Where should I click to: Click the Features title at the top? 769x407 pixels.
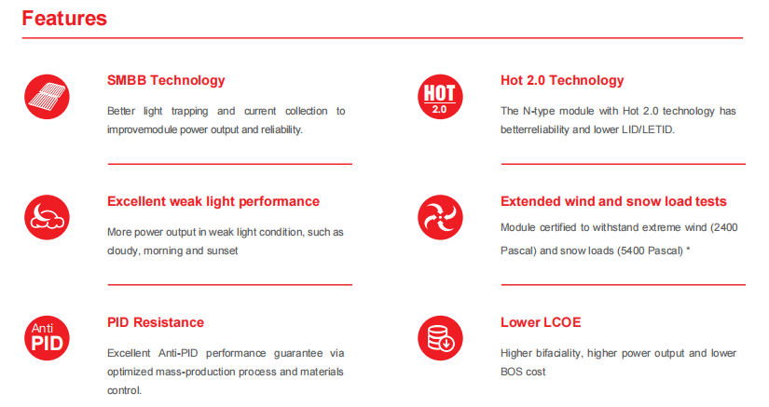pos(64,18)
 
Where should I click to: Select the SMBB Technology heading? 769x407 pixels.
pos(166,80)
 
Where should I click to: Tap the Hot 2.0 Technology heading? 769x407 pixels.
pos(562,80)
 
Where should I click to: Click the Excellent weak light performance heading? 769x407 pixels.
pos(213,201)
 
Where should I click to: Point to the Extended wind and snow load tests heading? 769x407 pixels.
pos(613,201)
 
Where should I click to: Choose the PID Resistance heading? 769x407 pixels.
pos(156,322)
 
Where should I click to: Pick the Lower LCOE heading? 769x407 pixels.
pos(541,322)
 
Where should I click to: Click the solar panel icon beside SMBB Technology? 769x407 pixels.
pos(48,97)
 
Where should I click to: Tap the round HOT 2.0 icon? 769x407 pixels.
pos(440,97)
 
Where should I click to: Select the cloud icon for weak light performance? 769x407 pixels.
pos(48,217)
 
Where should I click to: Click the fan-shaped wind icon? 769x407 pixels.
pos(440,217)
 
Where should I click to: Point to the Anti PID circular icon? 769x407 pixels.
pos(48,338)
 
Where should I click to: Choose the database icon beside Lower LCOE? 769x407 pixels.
pos(440,338)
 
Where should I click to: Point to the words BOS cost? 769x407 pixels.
pos(523,372)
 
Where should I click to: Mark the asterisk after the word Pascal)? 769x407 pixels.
pos(688,250)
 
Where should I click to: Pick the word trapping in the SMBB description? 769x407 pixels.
pos(190,112)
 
